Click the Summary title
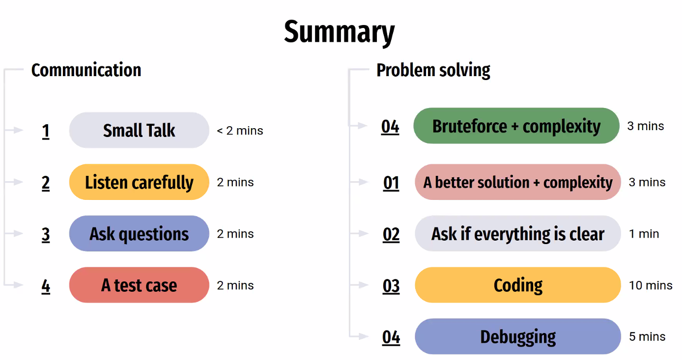tap(339, 32)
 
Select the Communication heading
tap(86, 70)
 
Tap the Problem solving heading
tap(433, 70)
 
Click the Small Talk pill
tap(139, 130)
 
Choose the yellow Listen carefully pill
tap(139, 182)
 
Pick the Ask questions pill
tap(139, 233)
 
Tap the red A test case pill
tap(139, 285)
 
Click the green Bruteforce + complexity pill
tap(516, 126)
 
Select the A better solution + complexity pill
tap(517, 182)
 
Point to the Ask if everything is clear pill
tap(517, 233)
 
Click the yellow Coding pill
tap(517, 285)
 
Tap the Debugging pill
tap(517, 336)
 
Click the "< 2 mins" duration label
tap(240, 131)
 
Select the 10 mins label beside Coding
tap(651, 285)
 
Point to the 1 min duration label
tap(644, 234)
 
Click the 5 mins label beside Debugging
tap(647, 336)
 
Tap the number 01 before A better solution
tap(391, 183)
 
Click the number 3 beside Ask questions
tap(46, 235)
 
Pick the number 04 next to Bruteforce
tap(390, 127)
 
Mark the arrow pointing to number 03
tap(359, 284)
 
